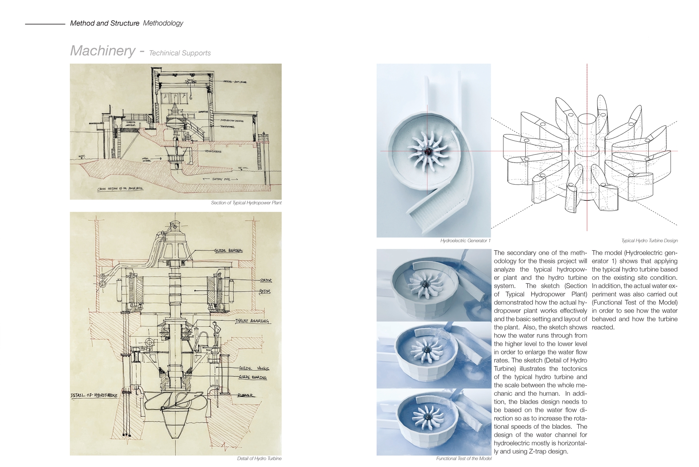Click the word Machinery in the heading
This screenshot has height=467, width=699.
(x=103, y=51)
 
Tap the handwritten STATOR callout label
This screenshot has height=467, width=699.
(x=266, y=280)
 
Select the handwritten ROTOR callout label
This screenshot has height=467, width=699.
(x=265, y=291)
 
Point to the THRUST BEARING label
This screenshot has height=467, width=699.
(x=252, y=321)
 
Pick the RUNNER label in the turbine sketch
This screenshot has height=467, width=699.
(x=245, y=395)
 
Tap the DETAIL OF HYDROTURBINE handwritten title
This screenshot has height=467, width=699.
(x=94, y=395)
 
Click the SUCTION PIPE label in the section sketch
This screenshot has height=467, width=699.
(x=220, y=179)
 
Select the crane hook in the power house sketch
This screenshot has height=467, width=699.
(x=190, y=97)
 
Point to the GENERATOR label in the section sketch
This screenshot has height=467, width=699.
(x=203, y=112)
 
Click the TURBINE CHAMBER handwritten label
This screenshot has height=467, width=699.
(x=131, y=123)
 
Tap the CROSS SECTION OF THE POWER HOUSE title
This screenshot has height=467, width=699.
(x=120, y=189)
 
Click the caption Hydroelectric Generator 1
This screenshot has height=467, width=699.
(x=465, y=241)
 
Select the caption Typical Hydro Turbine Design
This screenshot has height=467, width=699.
(x=649, y=241)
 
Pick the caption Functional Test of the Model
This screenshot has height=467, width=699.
(x=463, y=459)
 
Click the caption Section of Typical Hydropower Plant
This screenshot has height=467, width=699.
(x=246, y=203)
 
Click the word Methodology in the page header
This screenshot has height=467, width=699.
(x=163, y=23)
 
